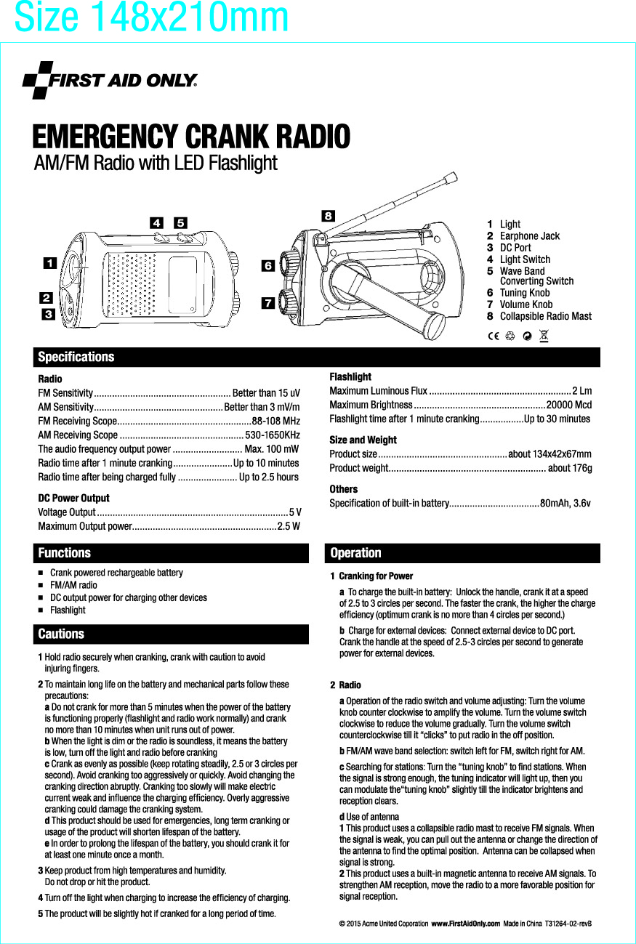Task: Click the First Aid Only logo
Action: [110, 80]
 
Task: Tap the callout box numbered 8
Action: [329, 216]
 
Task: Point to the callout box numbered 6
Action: [267, 266]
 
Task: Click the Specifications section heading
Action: [76, 357]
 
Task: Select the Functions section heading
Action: [65, 553]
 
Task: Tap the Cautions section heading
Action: [61, 634]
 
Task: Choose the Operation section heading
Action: [355, 553]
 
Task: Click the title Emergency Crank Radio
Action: [191, 137]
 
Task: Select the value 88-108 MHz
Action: [275, 421]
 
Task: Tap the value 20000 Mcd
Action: [568, 405]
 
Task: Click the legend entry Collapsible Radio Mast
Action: [545, 316]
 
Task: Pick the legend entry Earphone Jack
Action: [529, 235]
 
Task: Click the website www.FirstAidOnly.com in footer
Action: [465, 923]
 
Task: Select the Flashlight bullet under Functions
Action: [68, 610]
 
